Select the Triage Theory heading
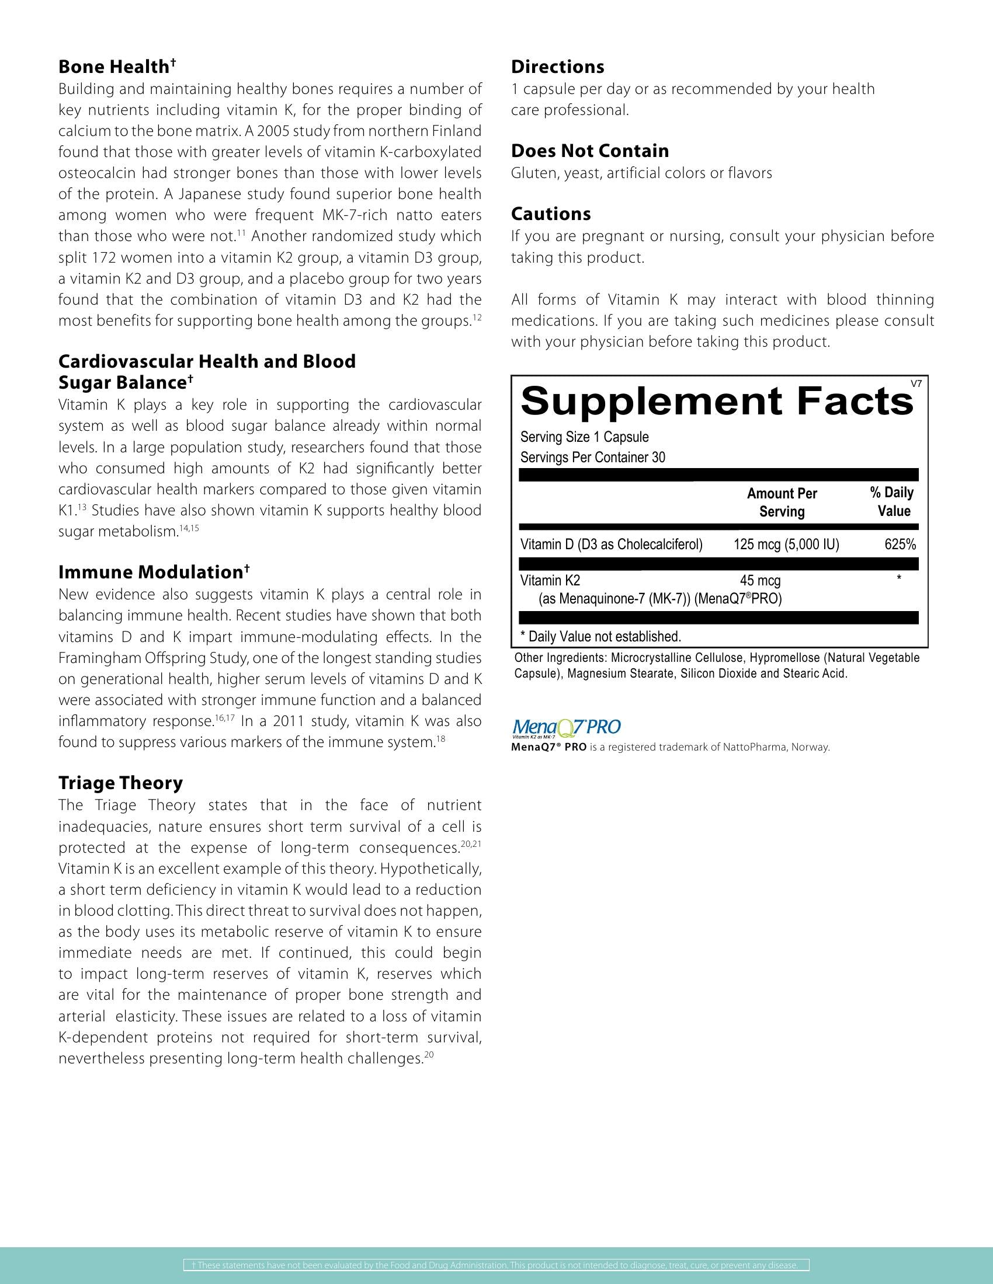[120, 783]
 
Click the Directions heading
[557, 67]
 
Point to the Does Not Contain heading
[589, 151]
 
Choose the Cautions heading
[551, 214]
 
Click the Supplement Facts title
[717, 402]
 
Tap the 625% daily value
[900, 545]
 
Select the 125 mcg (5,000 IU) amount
[786, 545]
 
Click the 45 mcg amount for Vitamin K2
[760, 581]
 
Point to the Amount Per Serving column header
[782, 502]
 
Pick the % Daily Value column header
[893, 501]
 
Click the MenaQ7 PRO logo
[567, 728]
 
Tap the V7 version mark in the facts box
[916, 383]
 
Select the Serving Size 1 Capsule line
[584, 437]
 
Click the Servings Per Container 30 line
[592, 458]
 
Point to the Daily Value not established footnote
[600, 636]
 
